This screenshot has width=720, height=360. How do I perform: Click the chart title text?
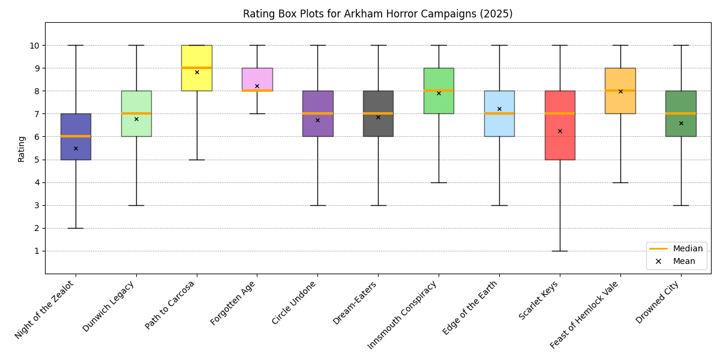(377, 14)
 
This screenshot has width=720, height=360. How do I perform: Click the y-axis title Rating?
(22, 148)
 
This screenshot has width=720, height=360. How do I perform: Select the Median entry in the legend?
(688, 248)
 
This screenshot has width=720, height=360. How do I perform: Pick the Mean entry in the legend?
(683, 261)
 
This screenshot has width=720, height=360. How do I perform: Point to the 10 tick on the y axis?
(35, 46)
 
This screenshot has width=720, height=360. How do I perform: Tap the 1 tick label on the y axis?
(37, 251)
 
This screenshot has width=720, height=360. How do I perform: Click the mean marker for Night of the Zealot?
(76, 148)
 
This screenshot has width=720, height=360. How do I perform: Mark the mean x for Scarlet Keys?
(560, 131)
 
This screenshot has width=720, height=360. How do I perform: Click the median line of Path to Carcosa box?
(197, 68)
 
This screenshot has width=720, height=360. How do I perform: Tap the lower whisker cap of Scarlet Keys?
(560, 251)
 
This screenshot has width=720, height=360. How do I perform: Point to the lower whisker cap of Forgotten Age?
(257, 113)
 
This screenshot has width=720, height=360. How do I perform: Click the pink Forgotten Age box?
(257, 78)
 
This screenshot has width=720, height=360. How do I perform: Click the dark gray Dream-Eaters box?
(378, 126)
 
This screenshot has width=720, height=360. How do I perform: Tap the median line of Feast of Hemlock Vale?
(620, 91)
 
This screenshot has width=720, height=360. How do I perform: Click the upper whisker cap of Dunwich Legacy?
(136, 45)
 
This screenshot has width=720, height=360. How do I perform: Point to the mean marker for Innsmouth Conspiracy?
(439, 93)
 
